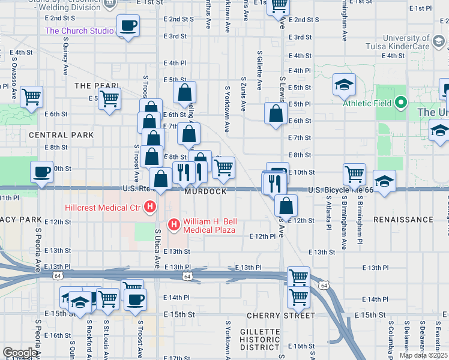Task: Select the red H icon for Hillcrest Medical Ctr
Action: coord(150,208)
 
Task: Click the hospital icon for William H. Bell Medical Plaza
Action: coord(174,225)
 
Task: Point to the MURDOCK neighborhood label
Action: coord(205,191)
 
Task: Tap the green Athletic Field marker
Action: coord(400,103)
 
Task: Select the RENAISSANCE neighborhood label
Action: coord(403,220)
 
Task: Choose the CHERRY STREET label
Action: coord(281,315)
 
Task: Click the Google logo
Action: coord(20,353)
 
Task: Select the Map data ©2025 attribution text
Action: coord(423,355)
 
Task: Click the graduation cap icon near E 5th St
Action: coord(345,85)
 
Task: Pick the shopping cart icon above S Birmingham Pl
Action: coord(354,174)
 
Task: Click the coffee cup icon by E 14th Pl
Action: coord(136,298)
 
